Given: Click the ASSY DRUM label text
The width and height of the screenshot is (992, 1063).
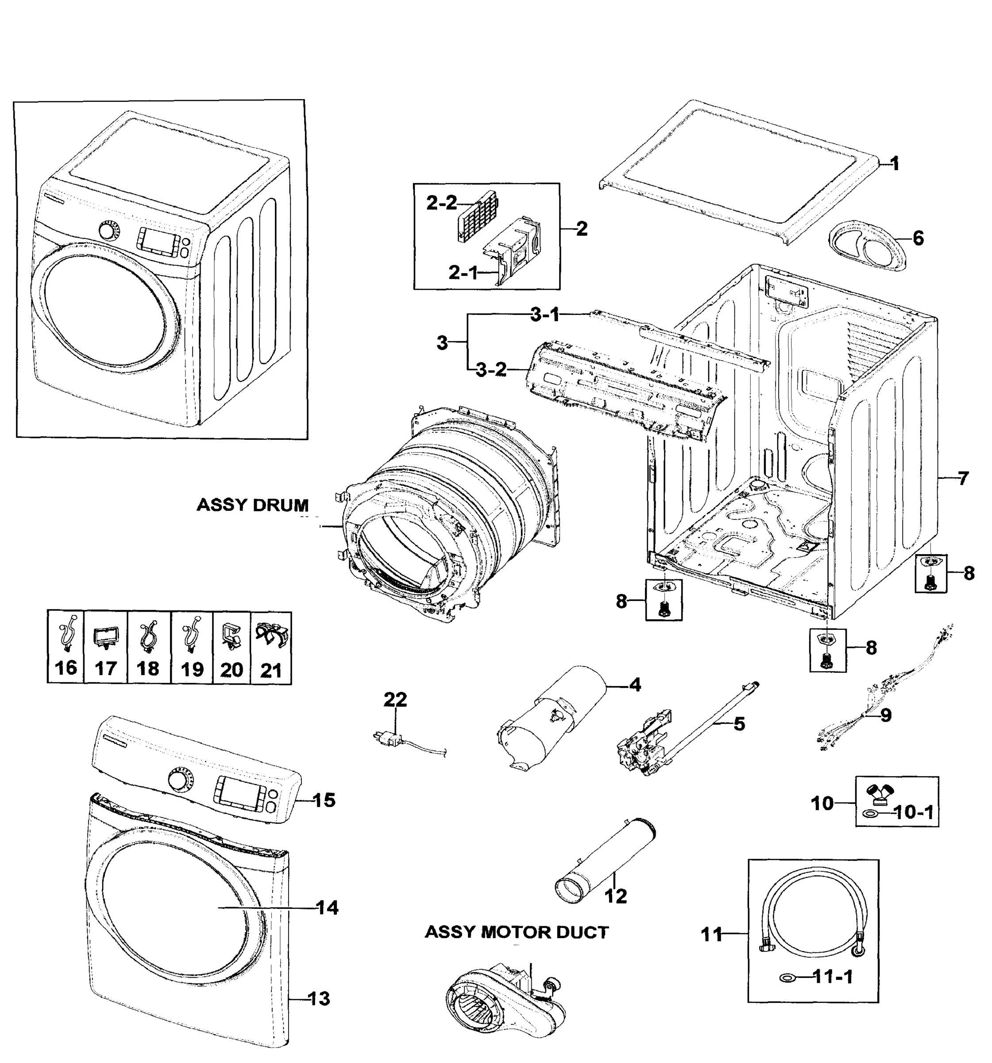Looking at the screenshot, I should [252, 505].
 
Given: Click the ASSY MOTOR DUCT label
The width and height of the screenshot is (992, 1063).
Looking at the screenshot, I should [516, 932].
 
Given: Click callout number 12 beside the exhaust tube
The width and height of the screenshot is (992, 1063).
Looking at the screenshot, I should [615, 895].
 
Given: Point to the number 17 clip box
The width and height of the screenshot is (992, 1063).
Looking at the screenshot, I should [106, 647].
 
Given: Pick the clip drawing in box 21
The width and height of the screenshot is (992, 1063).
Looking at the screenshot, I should [271, 636].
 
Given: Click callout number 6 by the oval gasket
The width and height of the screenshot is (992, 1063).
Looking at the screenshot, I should [918, 238].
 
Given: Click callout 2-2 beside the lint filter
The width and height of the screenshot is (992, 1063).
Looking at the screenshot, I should [441, 203].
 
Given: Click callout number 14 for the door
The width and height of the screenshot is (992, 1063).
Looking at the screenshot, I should [327, 908].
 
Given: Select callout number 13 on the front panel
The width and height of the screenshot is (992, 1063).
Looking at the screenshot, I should [320, 998].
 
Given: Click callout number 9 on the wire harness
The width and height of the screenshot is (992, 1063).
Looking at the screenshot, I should [886, 715].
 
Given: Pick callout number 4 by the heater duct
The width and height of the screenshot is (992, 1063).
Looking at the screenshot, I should [634, 684].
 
